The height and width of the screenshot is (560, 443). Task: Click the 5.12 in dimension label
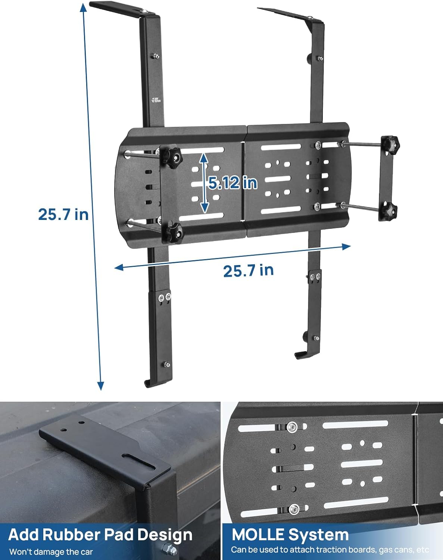pyautogui.click(x=233, y=183)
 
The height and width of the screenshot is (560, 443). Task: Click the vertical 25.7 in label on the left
pyautogui.click(x=63, y=214)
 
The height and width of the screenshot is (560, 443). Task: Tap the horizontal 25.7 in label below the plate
pyautogui.click(x=248, y=270)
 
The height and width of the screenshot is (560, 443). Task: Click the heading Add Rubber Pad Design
pyautogui.click(x=100, y=535)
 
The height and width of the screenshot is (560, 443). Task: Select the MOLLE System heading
pyautogui.click(x=290, y=535)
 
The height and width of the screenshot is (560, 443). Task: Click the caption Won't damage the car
pyautogui.click(x=51, y=551)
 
